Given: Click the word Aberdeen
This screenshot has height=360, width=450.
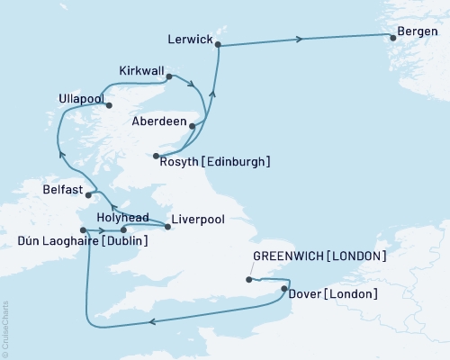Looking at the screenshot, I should tap(157, 121).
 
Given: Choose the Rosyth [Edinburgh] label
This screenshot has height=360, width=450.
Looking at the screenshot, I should tap(214, 162).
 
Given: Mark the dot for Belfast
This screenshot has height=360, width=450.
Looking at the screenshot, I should tap(88, 192).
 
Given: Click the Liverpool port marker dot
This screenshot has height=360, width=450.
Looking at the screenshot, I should tap(168, 227).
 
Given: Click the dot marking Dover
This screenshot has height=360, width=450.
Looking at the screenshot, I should tap(284, 289).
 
